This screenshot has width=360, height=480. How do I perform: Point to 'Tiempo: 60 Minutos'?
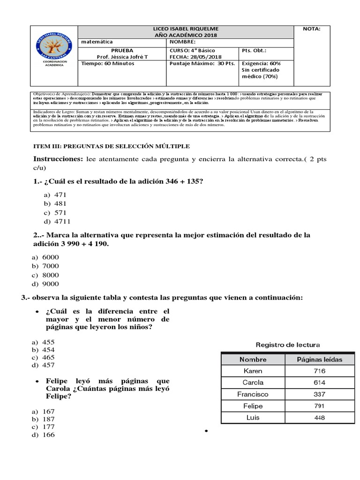coord(108,64)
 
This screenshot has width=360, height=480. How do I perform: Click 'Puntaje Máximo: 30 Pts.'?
coord(202,64)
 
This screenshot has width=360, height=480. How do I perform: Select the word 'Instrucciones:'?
coord(58,159)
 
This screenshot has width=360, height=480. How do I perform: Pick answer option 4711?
coord(63,221)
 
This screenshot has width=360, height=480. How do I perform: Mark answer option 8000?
coord(51,275)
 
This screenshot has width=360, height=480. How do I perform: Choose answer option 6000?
coord(51,257)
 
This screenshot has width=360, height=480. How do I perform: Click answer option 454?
coord(48,350)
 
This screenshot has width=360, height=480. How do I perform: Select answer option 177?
coord(48,427)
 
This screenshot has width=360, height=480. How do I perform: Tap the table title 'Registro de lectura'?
coord(287,345)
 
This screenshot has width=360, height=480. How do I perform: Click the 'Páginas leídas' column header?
coord(320,360)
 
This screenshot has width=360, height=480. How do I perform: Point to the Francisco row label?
coord(253,394)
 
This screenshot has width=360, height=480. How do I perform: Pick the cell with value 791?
coord(320,406)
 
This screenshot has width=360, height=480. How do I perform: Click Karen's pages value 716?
coord(320,371)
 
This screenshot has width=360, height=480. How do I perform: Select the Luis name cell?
coord(253,417)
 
